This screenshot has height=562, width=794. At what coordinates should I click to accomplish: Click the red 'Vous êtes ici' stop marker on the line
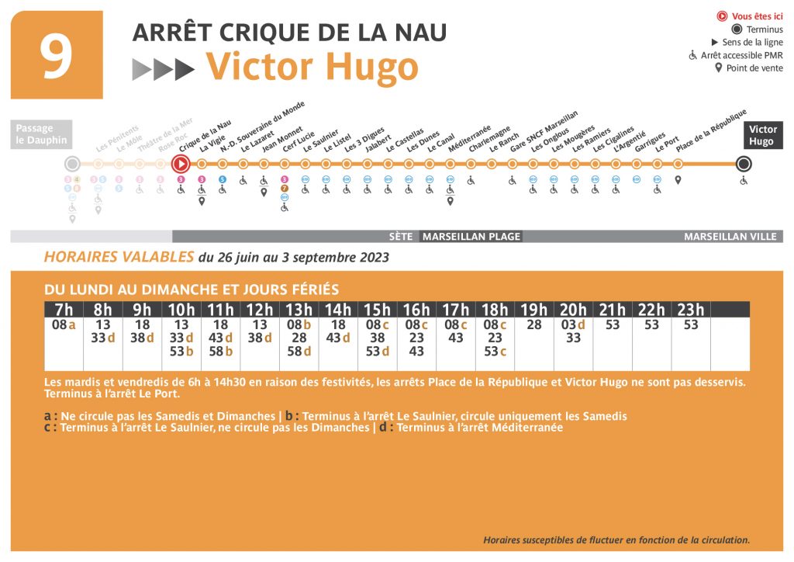181,164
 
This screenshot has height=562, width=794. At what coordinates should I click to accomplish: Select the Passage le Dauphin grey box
42,135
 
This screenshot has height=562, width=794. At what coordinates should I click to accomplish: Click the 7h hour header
64,310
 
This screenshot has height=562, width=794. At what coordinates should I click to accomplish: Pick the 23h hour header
691,310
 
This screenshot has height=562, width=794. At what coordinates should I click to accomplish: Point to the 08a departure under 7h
64,325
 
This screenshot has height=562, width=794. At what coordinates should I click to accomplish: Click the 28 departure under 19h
533,325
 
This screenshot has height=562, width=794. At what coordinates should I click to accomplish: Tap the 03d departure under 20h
573,325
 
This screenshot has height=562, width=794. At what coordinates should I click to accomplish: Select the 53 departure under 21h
613,325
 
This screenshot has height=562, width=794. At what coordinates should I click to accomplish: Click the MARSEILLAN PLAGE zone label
471,237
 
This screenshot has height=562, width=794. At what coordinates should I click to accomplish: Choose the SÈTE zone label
401,237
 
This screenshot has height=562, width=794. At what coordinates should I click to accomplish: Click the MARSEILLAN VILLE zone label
730,237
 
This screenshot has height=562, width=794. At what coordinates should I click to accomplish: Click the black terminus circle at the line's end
744,164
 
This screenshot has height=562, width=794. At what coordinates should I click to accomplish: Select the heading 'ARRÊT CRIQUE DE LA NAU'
289,33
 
